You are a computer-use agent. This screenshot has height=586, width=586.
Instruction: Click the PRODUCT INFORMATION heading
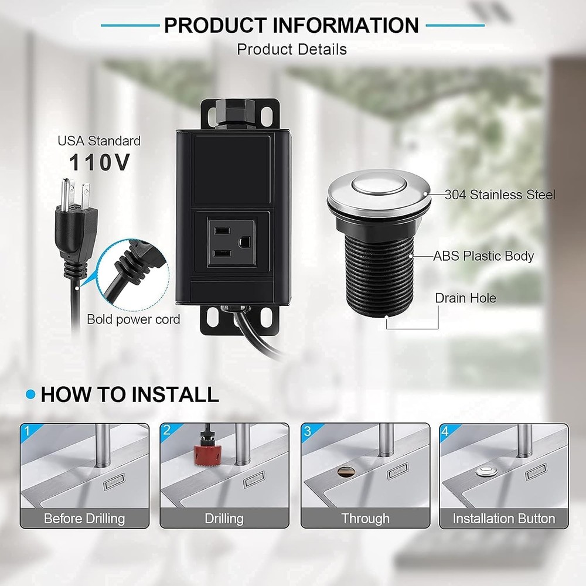click(x=291, y=25)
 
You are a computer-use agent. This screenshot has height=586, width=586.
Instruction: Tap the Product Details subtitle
click(x=291, y=49)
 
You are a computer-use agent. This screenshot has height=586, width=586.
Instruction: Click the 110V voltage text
click(x=99, y=163)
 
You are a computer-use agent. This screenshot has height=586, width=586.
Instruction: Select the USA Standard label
click(x=98, y=141)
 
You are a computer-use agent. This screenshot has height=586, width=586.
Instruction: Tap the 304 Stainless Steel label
click(x=499, y=195)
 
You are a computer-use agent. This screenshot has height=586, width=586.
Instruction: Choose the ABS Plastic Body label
click(x=483, y=256)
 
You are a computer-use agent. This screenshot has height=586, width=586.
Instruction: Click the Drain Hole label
click(x=465, y=298)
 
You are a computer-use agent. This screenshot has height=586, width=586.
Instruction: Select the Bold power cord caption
click(x=134, y=319)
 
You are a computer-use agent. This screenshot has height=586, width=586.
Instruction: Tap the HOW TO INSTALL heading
click(x=130, y=394)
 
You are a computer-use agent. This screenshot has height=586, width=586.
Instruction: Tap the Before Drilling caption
click(x=84, y=519)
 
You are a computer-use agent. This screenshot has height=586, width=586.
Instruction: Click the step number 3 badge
click(x=307, y=431)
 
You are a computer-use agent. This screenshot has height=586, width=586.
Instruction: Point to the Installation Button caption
click(x=503, y=519)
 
